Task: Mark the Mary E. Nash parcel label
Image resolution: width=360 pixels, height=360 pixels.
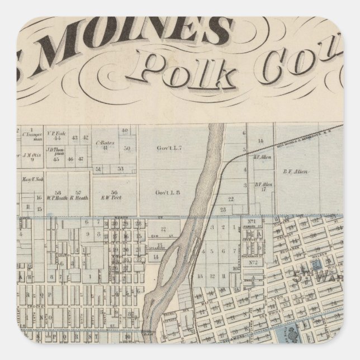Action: tap(33, 180)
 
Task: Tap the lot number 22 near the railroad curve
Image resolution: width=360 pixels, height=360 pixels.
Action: tap(230, 198)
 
